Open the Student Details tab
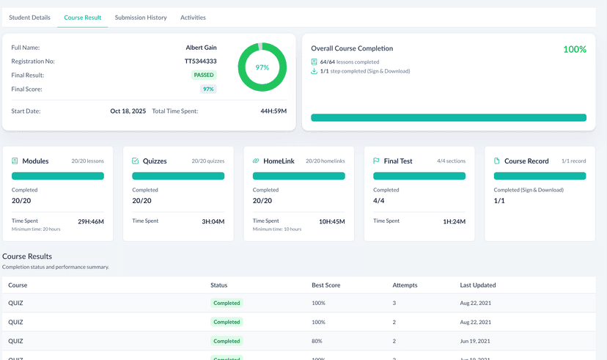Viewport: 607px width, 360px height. click(29, 18)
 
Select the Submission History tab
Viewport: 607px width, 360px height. click(141, 18)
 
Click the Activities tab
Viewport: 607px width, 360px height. click(193, 18)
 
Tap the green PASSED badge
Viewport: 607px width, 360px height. click(205, 75)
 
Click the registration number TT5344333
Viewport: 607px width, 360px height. click(200, 61)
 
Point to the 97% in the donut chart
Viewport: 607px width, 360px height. click(262, 67)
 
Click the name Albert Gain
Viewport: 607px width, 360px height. click(201, 48)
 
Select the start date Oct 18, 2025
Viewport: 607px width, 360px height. click(128, 111)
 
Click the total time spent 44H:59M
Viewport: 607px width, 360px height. click(273, 111)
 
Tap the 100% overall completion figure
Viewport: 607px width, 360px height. click(574, 49)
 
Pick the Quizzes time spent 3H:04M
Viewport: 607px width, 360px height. click(213, 221)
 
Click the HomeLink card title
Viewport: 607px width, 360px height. click(279, 161)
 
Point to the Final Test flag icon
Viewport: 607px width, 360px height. click(377, 161)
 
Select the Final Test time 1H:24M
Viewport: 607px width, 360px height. click(455, 221)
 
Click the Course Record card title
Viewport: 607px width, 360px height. click(526, 161)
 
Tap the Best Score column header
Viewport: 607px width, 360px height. click(326, 285)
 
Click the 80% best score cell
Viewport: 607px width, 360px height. click(318, 341)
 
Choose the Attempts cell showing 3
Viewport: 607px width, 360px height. click(394, 303)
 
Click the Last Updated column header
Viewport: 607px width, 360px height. click(478, 285)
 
